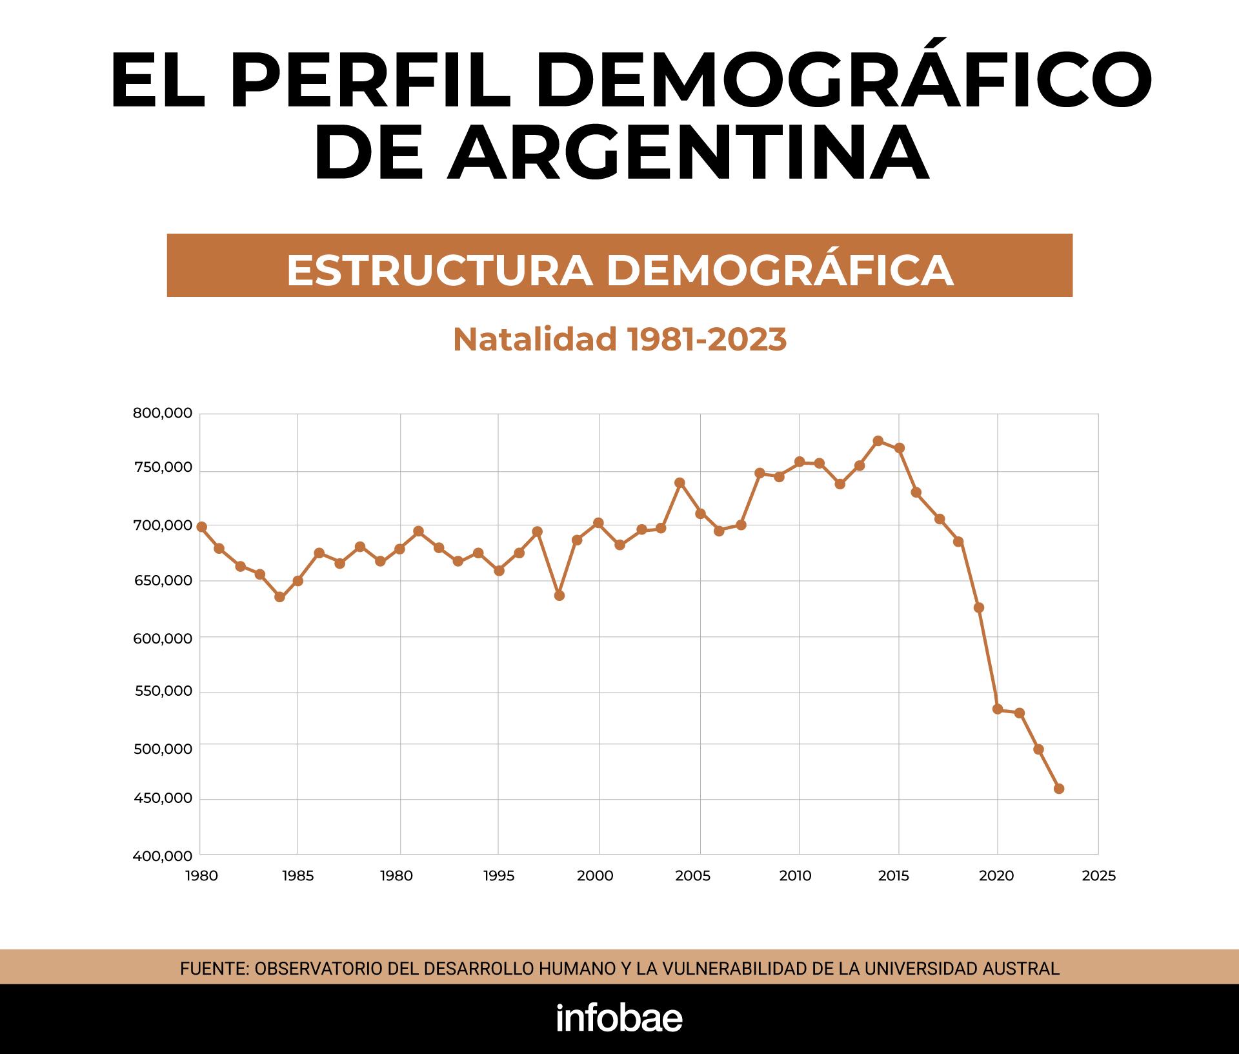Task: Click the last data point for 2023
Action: click(1058, 789)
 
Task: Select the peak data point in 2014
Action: click(878, 441)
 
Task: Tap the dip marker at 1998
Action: click(559, 595)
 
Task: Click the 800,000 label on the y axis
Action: click(163, 413)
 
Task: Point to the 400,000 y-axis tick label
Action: click(163, 856)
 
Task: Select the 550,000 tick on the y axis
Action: click(163, 691)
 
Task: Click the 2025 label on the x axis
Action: click(1098, 876)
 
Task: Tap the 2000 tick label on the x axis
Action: click(595, 876)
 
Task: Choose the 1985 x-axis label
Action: click(297, 876)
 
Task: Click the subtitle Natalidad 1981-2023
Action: click(619, 340)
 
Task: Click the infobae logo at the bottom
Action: click(619, 1019)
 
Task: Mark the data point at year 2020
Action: click(998, 709)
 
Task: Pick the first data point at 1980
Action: click(201, 527)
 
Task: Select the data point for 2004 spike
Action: click(680, 483)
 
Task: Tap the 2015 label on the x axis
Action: click(894, 876)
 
